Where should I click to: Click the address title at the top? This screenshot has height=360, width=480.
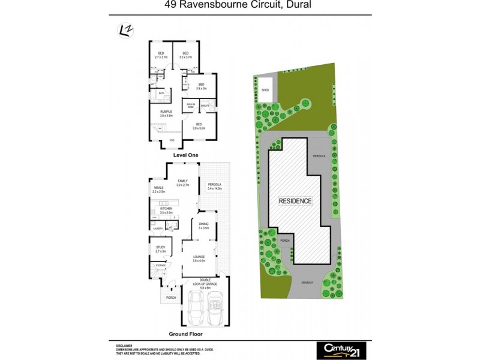(239, 6)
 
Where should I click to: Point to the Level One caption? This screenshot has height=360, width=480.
(185, 155)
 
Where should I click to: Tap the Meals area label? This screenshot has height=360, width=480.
(158, 190)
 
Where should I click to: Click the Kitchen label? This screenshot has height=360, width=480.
(166, 211)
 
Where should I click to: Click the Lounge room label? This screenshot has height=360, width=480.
(199, 259)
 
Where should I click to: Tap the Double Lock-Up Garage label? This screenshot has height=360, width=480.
(208, 282)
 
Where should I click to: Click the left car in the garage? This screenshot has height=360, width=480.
(196, 308)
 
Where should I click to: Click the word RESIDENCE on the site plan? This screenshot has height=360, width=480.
(295, 200)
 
